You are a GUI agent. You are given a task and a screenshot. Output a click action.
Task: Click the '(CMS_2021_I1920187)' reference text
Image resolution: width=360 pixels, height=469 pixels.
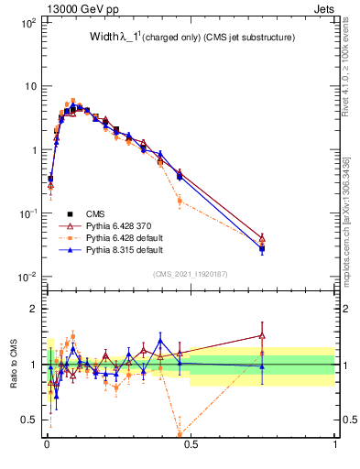point(190,274)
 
